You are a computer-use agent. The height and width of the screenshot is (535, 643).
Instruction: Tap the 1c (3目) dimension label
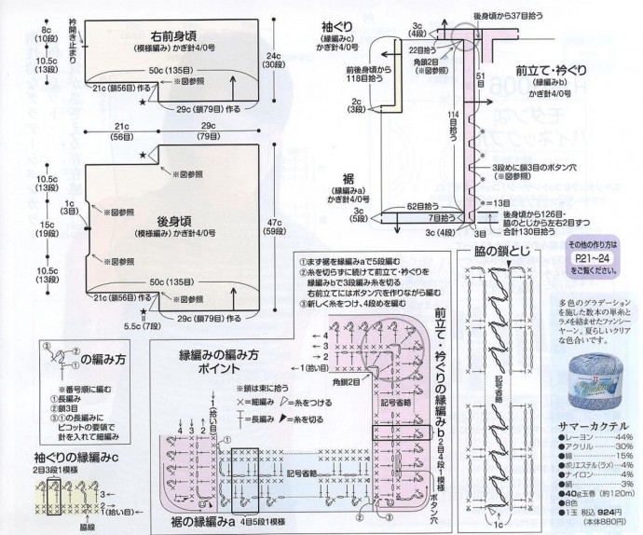67,206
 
